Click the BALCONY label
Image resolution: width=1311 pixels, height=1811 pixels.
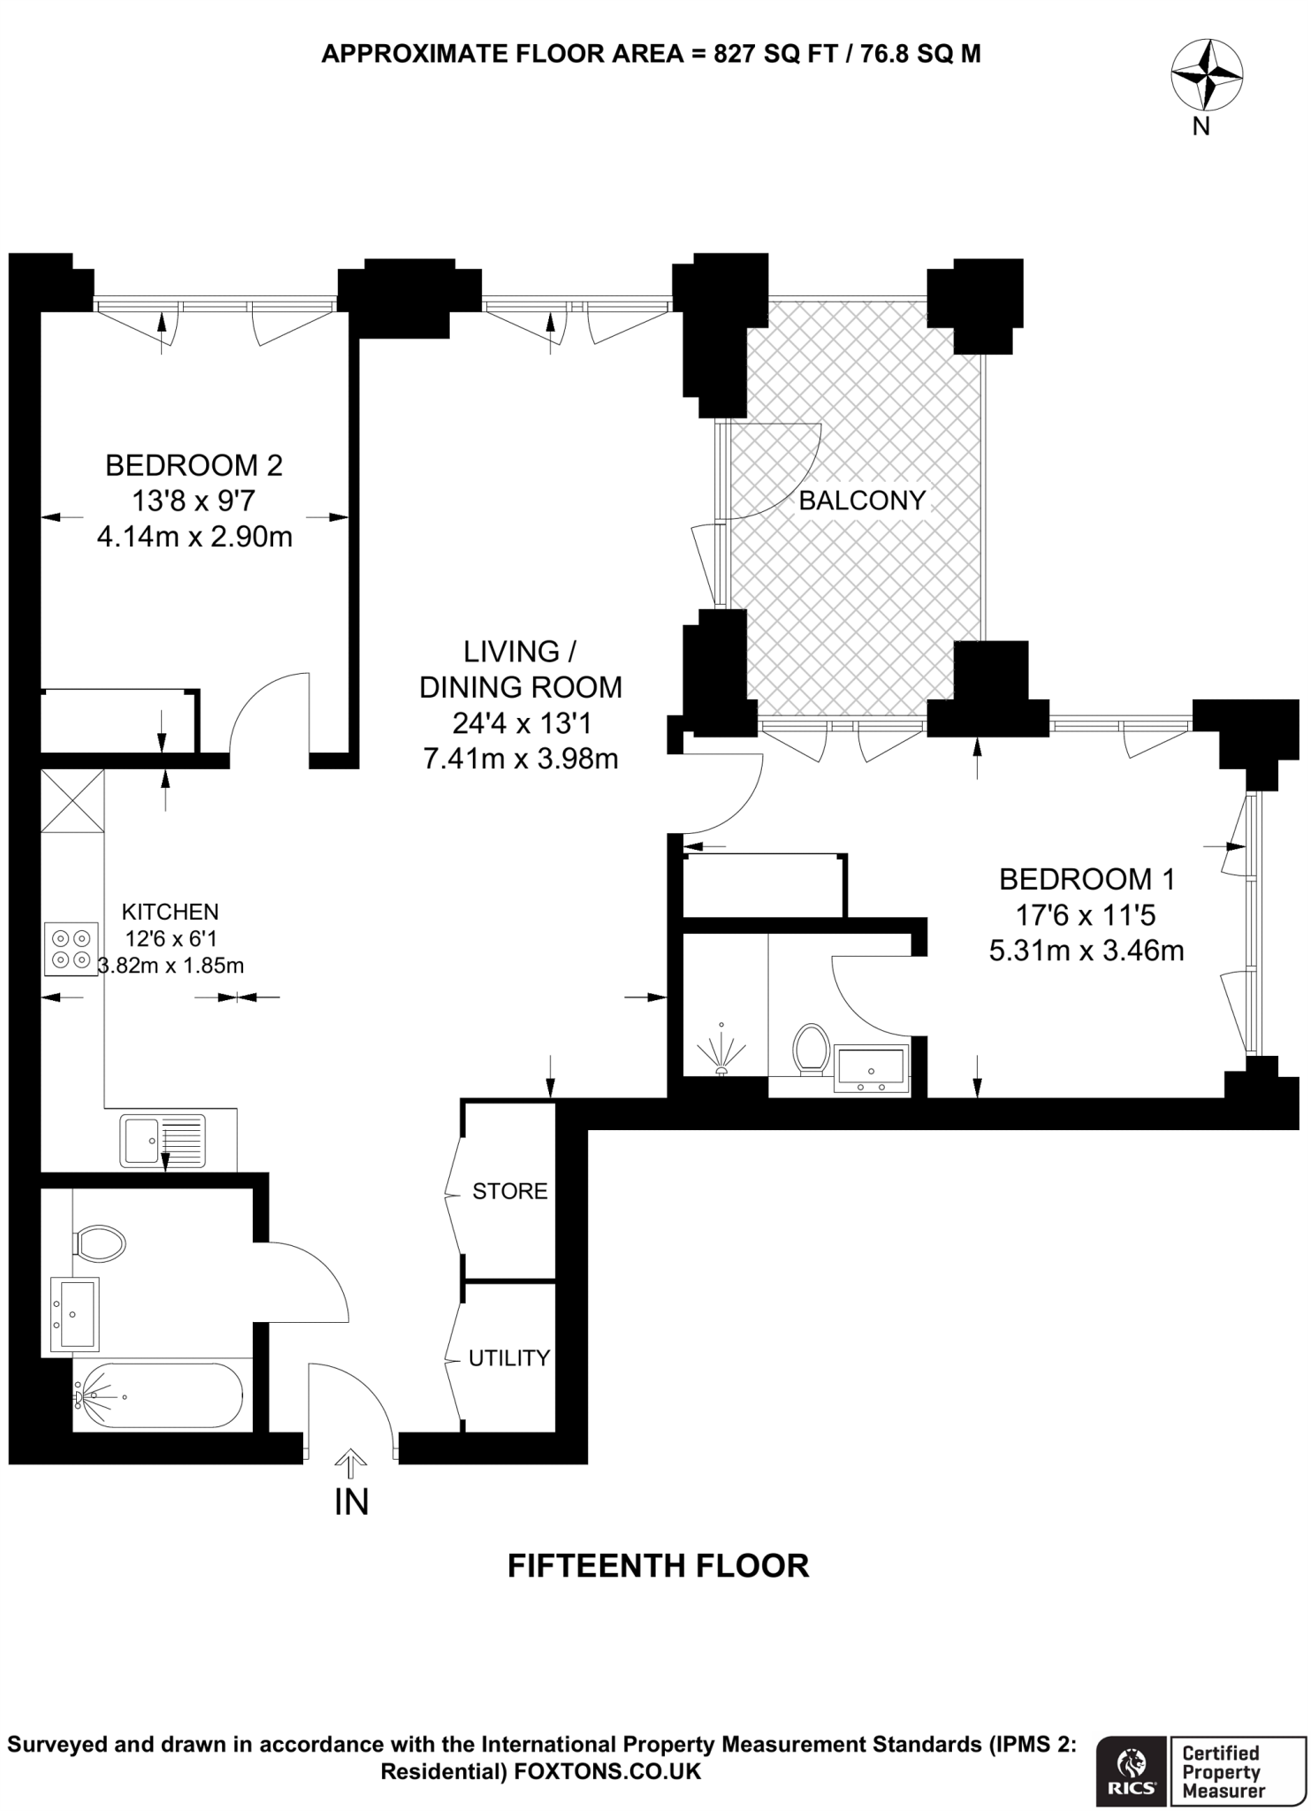pos(861,501)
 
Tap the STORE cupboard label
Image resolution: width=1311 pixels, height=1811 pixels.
pos(509,1191)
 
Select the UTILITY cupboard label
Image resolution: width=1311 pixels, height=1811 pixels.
pos(509,1357)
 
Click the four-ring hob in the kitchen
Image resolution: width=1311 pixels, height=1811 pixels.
pos(71,949)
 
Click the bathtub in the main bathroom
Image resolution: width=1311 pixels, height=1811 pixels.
pos(159,1395)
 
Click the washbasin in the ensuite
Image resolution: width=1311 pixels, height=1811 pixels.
pos(872,1068)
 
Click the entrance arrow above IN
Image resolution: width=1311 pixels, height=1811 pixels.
pos(351,1463)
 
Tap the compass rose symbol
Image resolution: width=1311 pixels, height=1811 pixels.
pos(1206,76)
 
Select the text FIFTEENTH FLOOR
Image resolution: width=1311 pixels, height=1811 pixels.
pos(658,1566)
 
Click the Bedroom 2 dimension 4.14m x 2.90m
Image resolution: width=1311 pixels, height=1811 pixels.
pos(194,537)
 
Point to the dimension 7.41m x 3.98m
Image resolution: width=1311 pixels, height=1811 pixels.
pos(521,759)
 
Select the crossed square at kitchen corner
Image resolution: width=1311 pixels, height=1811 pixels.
pos(72,801)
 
